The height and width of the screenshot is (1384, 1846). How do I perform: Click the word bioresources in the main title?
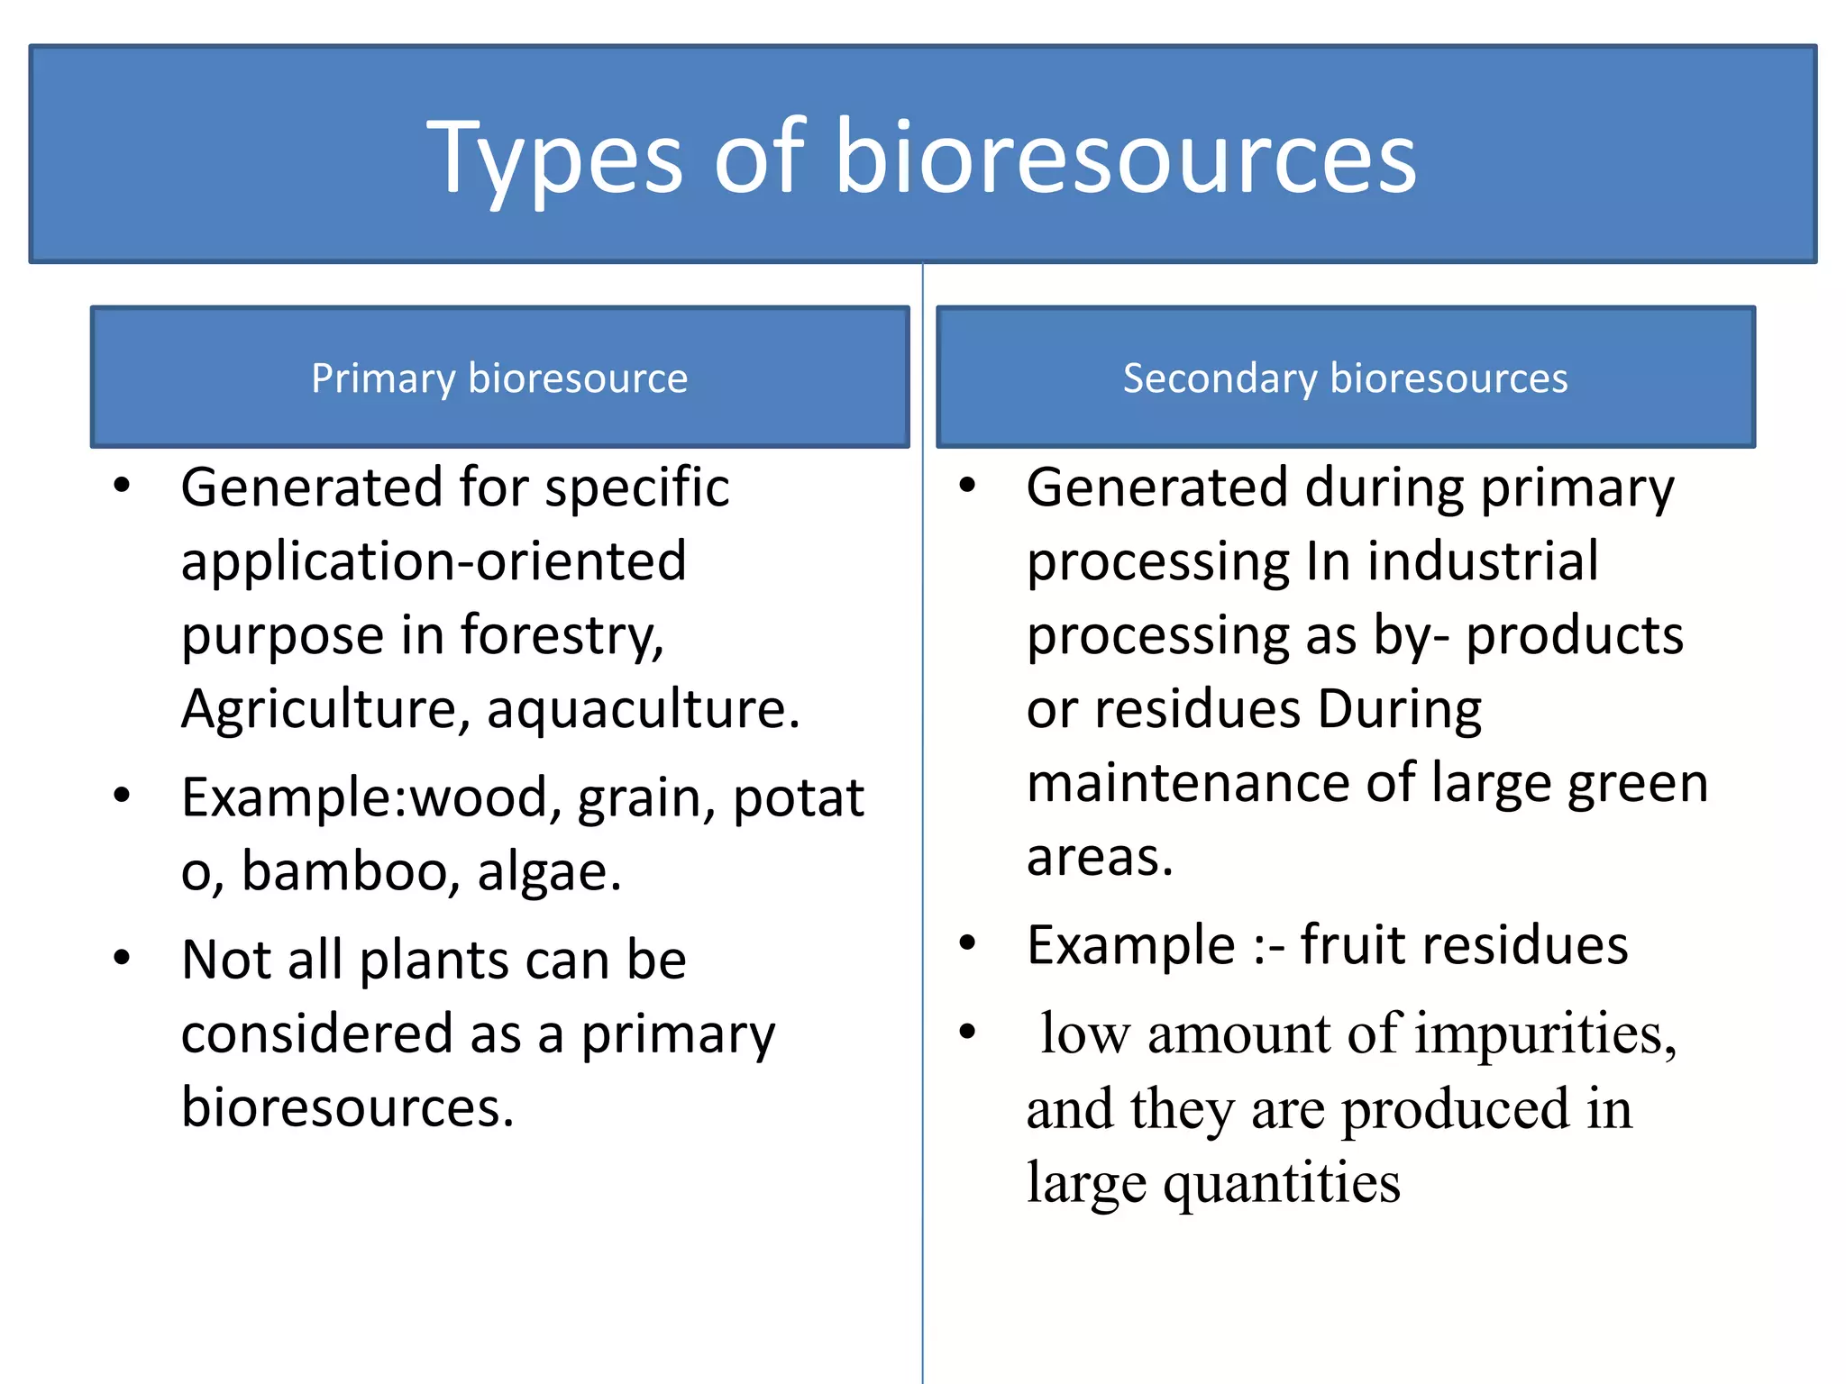coord(1126,158)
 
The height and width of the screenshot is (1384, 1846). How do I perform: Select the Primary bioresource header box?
coord(499,377)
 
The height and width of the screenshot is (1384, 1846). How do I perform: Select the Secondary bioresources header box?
coord(1345,377)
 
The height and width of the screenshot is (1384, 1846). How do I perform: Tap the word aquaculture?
coord(643,709)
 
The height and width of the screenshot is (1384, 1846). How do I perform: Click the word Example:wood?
coord(365,798)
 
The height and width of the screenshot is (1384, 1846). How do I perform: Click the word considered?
coord(316,1033)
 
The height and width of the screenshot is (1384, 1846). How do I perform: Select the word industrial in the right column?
coord(1483,561)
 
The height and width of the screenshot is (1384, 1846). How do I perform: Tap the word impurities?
coord(1546,1033)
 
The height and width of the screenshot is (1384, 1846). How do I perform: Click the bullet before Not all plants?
coord(122,958)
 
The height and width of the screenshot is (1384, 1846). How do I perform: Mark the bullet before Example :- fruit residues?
coord(967,943)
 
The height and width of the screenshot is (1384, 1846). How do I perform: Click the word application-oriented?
coord(434,561)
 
